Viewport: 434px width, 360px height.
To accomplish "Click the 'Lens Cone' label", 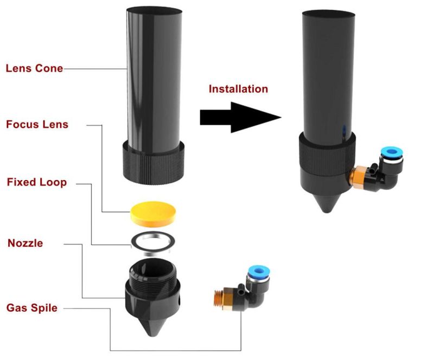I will pos(34,69).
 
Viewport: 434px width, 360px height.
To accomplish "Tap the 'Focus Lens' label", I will pos(37,125).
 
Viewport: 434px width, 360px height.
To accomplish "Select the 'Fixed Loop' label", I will pos(37,182).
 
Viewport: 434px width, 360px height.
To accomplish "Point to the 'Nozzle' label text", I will pos(25,243).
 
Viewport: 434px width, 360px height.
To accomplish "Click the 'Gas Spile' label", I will pos(31,308).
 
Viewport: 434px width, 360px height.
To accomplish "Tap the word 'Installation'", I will pos(238,88).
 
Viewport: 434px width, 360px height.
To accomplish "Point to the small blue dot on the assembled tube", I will pos(343,130).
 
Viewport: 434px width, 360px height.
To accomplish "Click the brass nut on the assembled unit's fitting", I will pos(358,177).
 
